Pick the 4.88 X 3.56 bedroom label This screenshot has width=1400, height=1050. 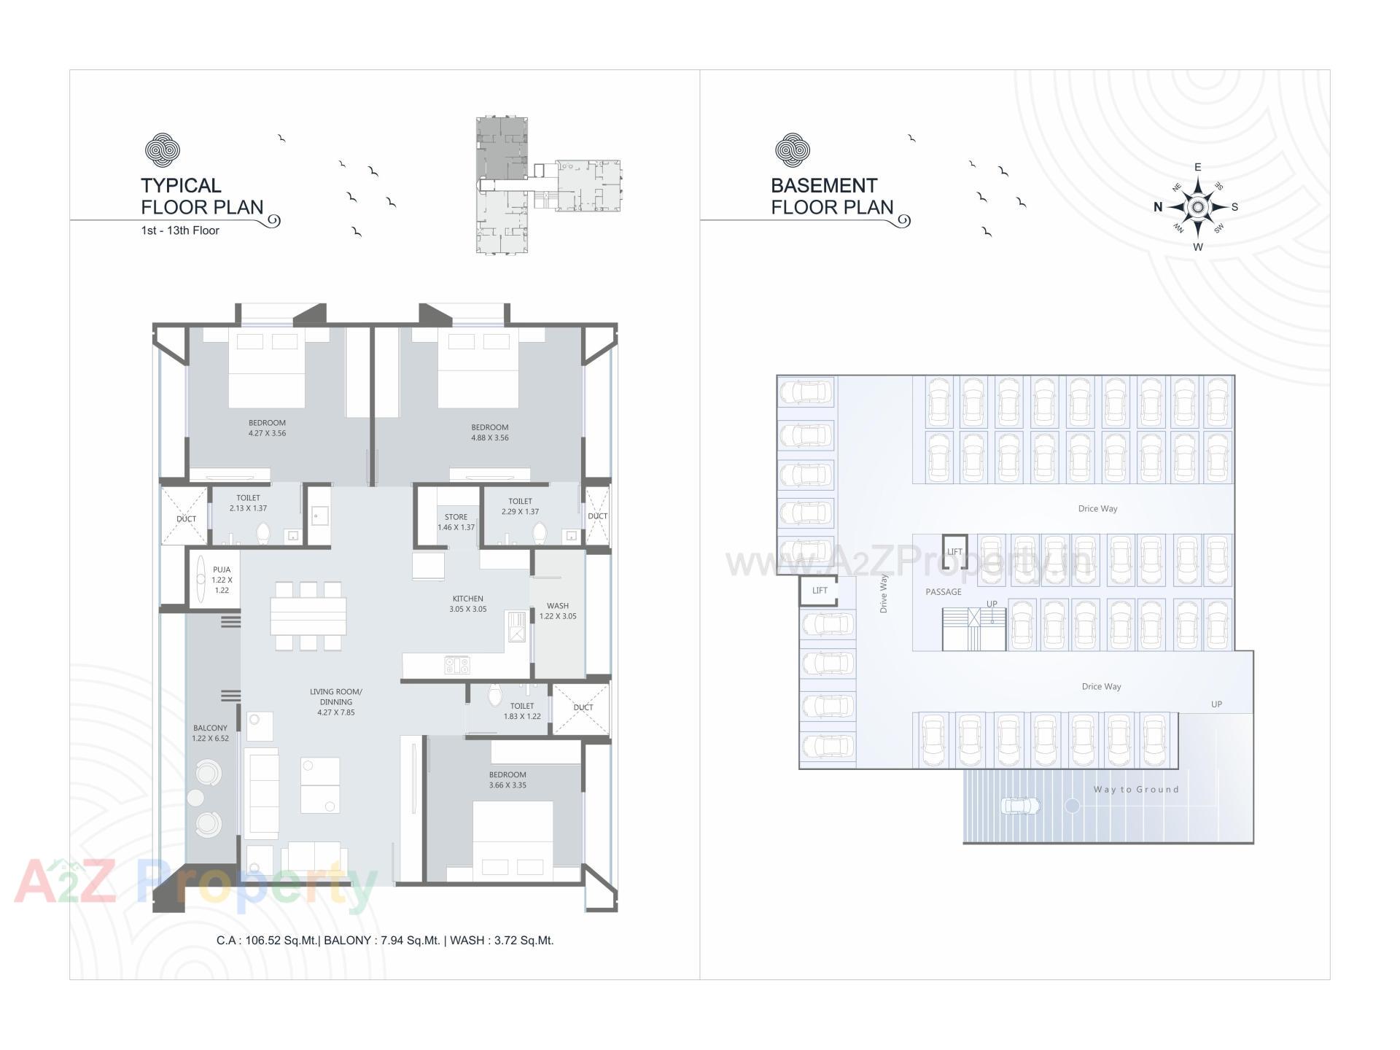click(489, 432)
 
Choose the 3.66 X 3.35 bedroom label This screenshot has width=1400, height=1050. click(507, 780)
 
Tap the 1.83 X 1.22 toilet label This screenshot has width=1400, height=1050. click(522, 711)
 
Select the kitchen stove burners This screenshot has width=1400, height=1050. click(457, 665)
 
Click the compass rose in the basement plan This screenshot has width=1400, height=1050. click(1197, 208)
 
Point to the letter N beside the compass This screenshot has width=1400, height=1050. click(1158, 207)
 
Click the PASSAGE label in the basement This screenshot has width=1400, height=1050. click(944, 592)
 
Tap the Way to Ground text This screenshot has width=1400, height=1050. click(1136, 790)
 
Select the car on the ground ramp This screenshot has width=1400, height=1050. click(1021, 806)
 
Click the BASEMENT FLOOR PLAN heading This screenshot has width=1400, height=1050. click(832, 196)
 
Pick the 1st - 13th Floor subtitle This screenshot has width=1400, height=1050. click(180, 230)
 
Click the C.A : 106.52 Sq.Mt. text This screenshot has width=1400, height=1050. click(267, 941)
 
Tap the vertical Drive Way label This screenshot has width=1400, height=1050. click(884, 594)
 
